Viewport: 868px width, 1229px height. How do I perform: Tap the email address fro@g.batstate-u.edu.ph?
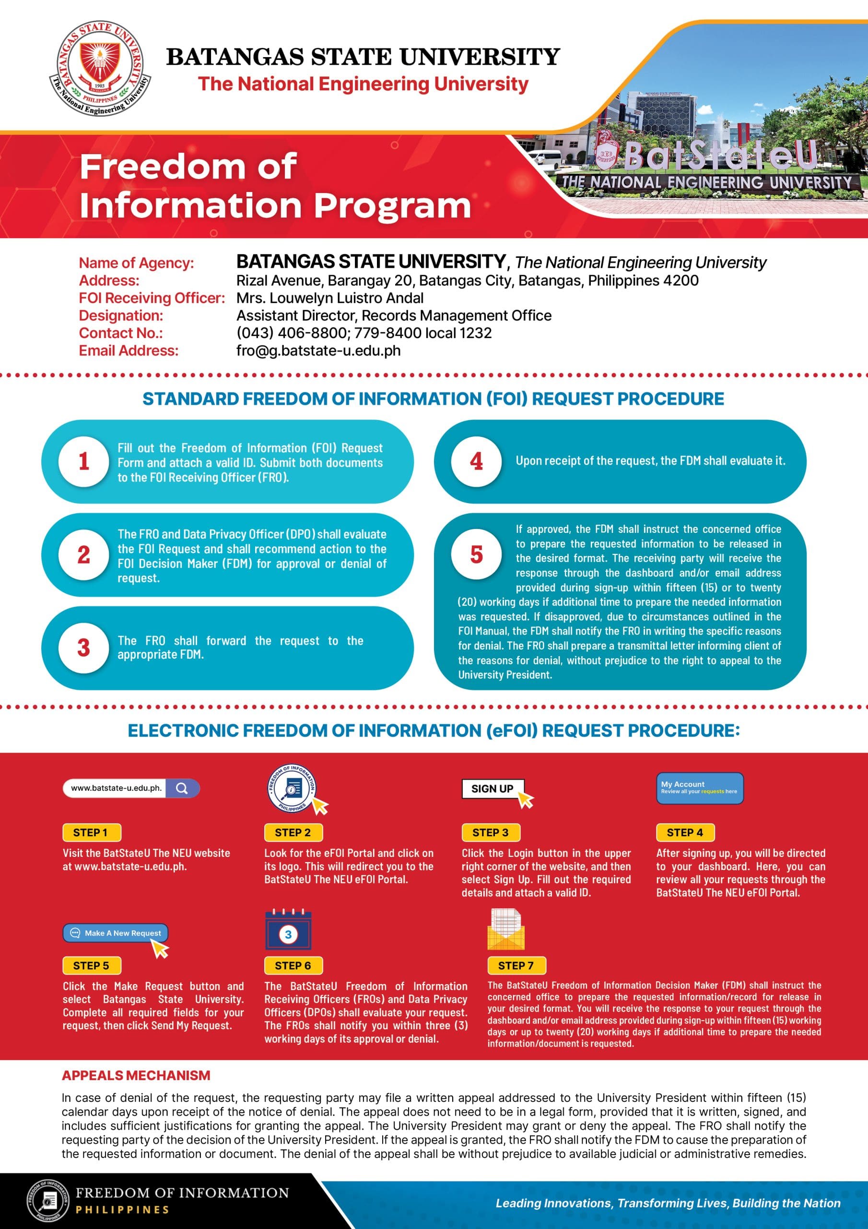[318, 350]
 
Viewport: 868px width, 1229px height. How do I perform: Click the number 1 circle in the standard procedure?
[83, 461]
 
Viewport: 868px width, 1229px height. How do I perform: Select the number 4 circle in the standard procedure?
[476, 461]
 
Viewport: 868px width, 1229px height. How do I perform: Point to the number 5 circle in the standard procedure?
[476, 554]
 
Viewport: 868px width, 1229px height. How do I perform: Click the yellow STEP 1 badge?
[91, 832]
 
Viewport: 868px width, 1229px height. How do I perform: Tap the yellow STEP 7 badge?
[516, 965]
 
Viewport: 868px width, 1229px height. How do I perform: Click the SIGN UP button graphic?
[493, 788]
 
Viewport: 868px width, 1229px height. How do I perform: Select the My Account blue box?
[700, 788]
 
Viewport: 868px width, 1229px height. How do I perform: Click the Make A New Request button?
[116, 933]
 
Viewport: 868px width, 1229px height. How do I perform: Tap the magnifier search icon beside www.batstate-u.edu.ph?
[182, 788]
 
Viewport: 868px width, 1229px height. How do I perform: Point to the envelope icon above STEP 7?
[506, 930]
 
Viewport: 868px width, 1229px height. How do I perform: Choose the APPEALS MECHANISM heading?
[136, 1075]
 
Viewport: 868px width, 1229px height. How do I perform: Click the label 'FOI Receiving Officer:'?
[152, 298]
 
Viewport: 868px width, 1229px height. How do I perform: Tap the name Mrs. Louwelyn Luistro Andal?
[330, 298]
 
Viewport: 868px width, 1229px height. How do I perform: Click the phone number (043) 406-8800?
[292, 333]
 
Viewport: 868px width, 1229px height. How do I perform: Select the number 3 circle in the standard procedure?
[83, 648]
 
